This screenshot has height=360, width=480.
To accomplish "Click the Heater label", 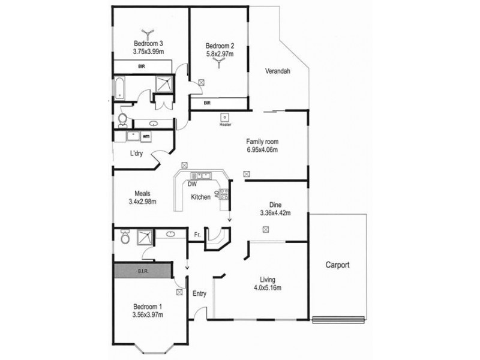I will pos(225,125).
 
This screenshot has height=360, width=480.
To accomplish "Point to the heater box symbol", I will pos(225,117).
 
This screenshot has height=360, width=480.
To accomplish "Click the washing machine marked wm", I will pos(146,136).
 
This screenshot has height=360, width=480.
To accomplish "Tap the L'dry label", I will pos(136,153).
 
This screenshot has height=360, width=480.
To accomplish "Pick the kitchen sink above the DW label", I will pos(200,175).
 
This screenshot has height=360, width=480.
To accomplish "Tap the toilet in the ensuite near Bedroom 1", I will pos(124,238).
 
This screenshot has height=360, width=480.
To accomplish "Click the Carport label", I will pos(337,265).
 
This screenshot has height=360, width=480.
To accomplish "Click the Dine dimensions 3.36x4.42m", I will pos(275,212).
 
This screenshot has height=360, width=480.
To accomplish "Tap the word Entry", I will pos(199,293).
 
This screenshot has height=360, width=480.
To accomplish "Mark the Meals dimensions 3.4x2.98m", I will pos(142,202).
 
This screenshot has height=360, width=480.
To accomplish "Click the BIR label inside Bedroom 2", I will pos(207,103).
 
